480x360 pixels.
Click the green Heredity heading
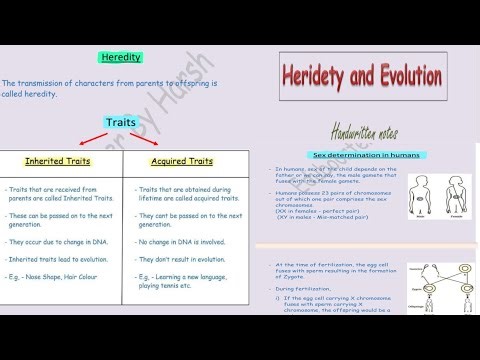[121, 57]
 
